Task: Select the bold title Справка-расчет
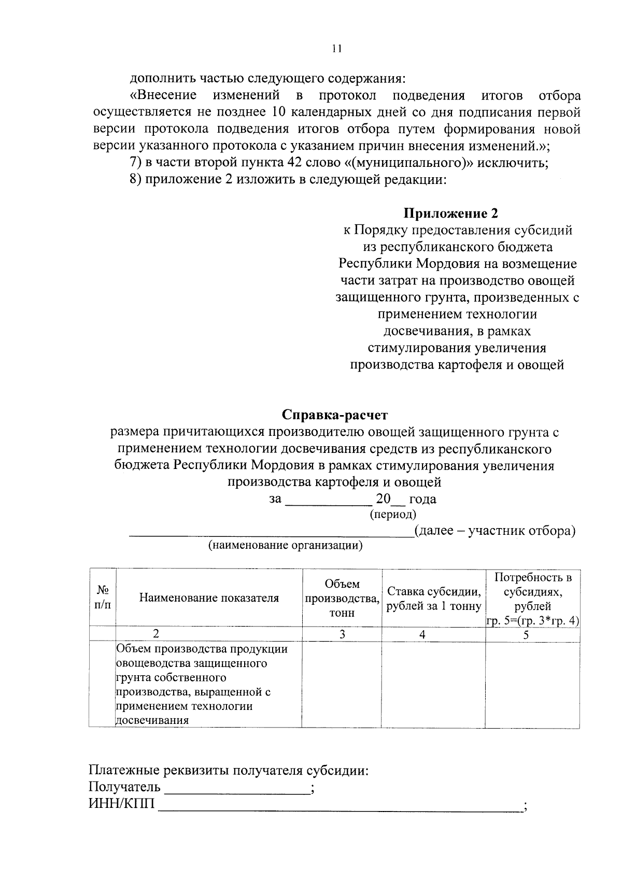click(x=334, y=415)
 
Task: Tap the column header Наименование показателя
click(x=209, y=598)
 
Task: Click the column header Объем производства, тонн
click(x=342, y=598)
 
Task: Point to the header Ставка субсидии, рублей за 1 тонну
click(x=433, y=599)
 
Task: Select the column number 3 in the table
click(x=342, y=634)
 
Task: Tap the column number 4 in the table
click(x=422, y=634)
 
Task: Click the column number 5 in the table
click(x=526, y=634)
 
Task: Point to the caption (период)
click(x=392, y=515)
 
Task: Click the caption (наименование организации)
click(x=285, y=545)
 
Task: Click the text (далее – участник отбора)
click(x=495, y=531)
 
